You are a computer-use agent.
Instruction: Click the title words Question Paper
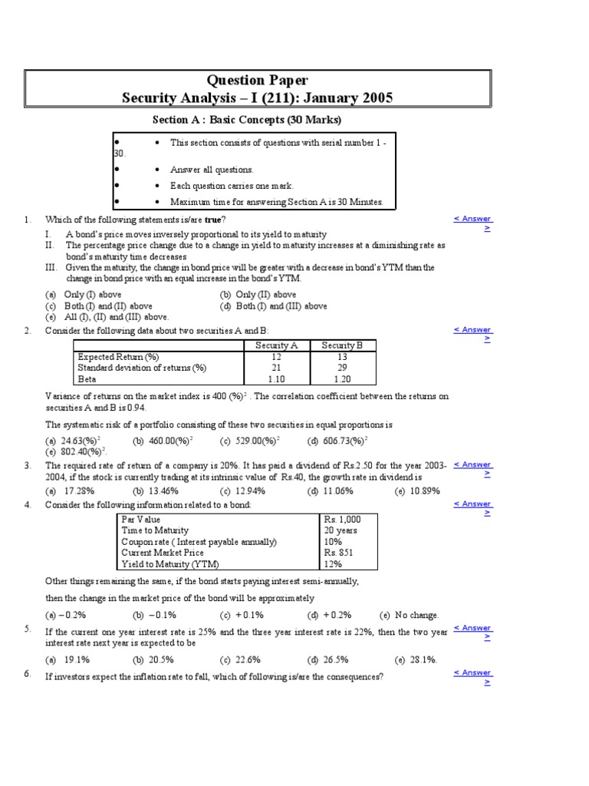tap(258, 81)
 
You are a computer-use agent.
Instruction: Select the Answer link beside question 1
tap(472, 219)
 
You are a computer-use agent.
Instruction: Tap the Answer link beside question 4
tap(472, 504)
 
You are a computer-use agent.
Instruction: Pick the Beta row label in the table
tap(87, 378)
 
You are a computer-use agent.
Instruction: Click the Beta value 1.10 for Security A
tap(276, 378)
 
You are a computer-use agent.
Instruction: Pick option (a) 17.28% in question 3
tap(70, 490)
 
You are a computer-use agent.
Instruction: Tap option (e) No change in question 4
tap(410, 615)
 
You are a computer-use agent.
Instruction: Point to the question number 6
tap(27, 673)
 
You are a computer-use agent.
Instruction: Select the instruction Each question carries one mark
tap(232, 186)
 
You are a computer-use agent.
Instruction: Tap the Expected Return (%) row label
tap(118, 357)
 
